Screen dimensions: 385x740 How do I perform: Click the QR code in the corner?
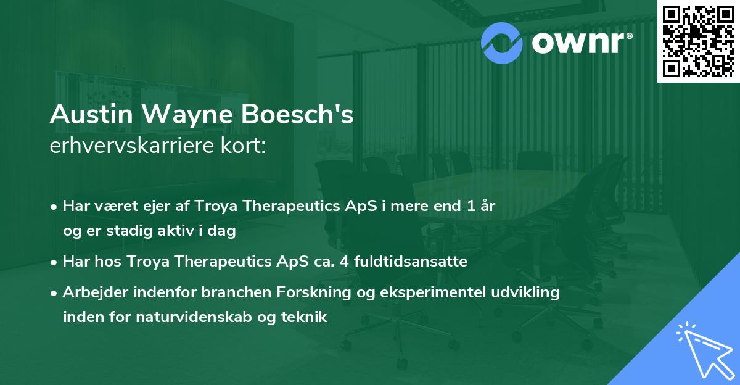[698, 41]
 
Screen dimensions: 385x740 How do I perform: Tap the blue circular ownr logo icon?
[502, 42]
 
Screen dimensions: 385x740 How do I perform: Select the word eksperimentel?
[431, 292]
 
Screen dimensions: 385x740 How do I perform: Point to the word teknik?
[303, 318]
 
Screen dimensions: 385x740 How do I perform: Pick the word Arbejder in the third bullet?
[90, 292]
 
